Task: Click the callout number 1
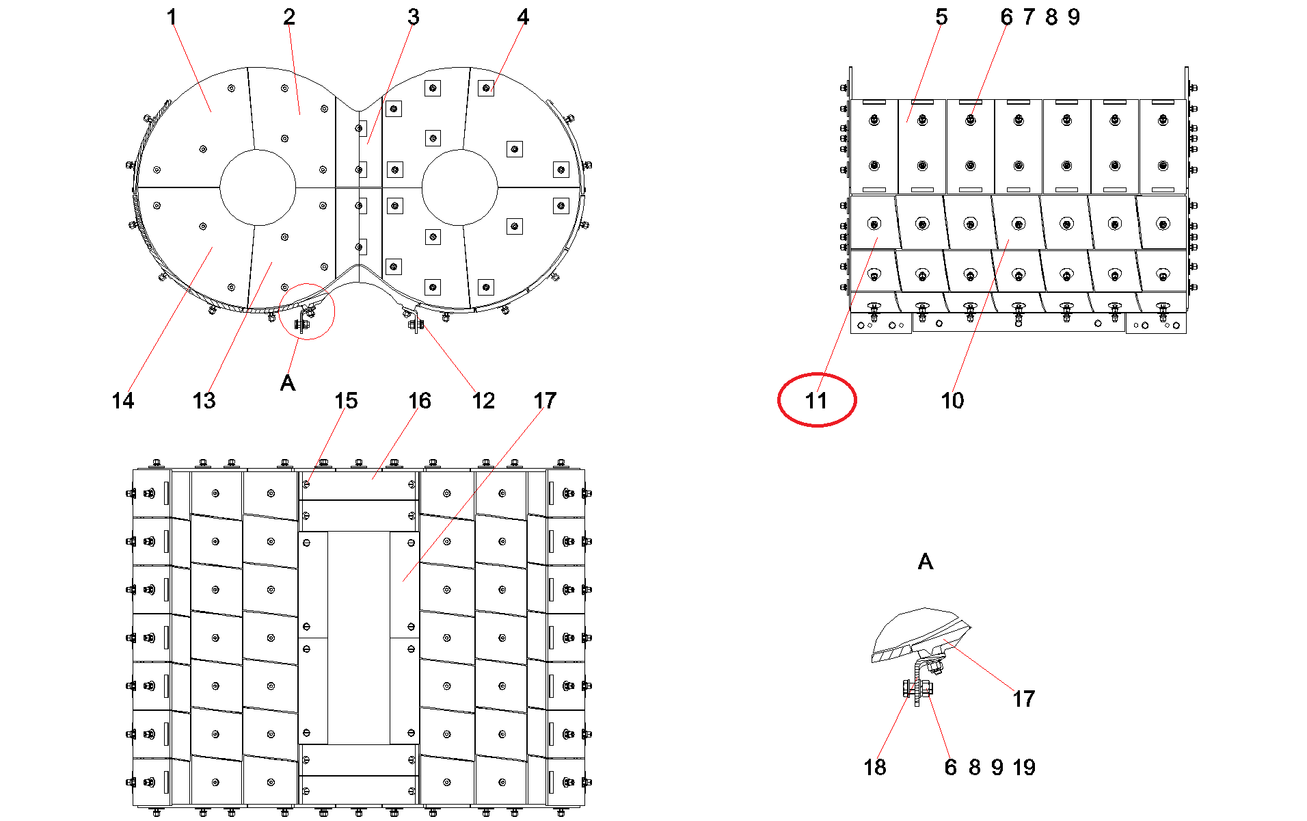[172, 17]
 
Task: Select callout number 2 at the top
[289, 17]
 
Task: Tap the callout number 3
[414, 17]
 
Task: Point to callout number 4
[523, 17]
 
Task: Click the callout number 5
[941, 17]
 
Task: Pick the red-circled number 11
[816, 400]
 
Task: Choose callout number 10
[952, 400]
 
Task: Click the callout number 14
[123, 400]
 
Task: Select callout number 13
[204, 400]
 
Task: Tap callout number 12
[483, 400]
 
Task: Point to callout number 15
[346, 400]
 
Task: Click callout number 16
[420, 400]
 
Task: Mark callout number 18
[875, 767]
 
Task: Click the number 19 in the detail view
[1024, 767]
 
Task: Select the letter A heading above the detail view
[925, 562]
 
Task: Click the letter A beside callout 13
[288, 383]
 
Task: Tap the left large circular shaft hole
[258, 187]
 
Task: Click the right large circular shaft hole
[460, 187]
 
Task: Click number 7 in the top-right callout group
[1029, 17]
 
